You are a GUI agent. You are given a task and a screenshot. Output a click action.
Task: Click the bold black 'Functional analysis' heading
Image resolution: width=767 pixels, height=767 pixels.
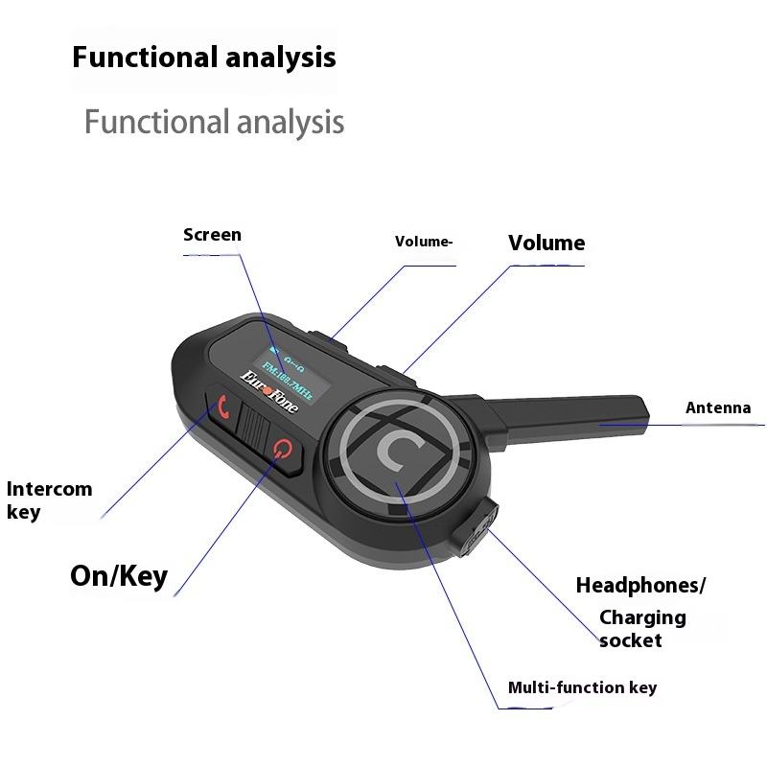coord(204,57)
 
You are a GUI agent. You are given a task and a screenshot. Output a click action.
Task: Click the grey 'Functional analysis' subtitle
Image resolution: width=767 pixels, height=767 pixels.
coord(214,122)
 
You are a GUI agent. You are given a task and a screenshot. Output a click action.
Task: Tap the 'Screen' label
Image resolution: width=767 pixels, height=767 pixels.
coord(212,235)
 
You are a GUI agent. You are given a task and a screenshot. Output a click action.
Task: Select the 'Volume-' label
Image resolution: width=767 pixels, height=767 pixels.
coord(424,242)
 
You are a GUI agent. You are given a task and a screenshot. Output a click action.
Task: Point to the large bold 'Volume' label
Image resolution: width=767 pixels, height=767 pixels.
coord(546,243)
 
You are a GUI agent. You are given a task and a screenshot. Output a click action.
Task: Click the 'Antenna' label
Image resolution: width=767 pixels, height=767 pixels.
coord(718,408)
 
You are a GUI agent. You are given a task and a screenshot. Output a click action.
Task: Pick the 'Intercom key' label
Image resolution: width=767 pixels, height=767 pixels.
coord(50,500)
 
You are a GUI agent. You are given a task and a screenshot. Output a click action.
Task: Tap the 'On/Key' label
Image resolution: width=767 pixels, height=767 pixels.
coord(119,575)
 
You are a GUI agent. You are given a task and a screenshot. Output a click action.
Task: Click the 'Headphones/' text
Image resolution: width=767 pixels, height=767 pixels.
coord(640,585)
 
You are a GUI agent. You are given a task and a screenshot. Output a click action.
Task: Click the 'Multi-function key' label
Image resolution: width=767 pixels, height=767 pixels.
coord(582,687)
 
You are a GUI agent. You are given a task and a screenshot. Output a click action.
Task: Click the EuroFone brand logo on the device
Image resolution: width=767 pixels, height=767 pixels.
coord(269,393)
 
